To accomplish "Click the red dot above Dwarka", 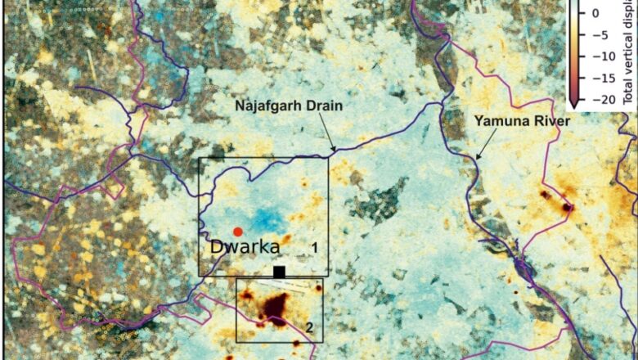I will pos(237,232).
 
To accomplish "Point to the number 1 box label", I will pos(313,247).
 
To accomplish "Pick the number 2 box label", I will pos(309,327).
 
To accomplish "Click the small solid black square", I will pos(279,271).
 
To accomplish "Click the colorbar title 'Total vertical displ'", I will pos(629,49).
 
